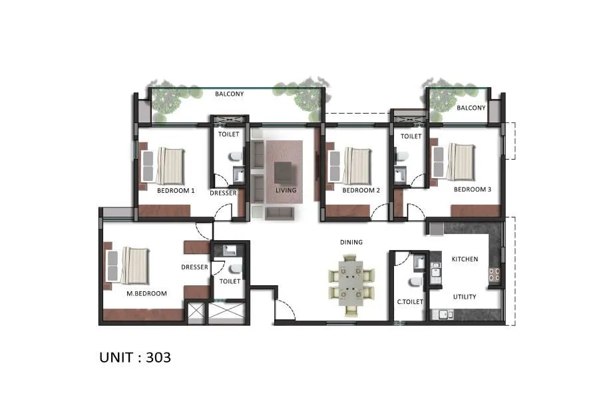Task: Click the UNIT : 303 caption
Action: click(x=135, y=357)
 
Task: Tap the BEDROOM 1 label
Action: click(x=176, y=190)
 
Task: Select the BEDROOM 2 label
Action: click(x=361, y=190)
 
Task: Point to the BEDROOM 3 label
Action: click(x=472, y=190)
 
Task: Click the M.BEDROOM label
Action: click(x=147, y=293)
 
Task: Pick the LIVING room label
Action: click(x=286, y=190)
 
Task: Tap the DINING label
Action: click(x=351, y=242)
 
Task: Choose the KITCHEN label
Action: click(x=465, y=259)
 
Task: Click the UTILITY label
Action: click(x=464, y=297)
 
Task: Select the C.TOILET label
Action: click(x=411, y=302)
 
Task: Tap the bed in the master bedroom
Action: click(x=134, y=264)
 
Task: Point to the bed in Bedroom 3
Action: click(x=459, y=162)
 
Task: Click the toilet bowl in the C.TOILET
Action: click(x=414, y=283)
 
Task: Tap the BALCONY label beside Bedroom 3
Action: click(x=471, y=108)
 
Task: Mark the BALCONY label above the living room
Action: click(x=229, y=94)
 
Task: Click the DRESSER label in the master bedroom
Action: click(x=195, y=267)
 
